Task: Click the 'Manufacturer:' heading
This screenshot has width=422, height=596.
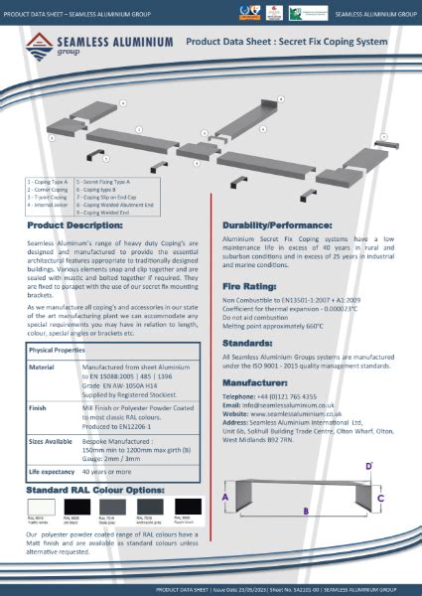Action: coord(262,381)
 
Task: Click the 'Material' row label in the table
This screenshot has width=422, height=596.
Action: coord(43,367)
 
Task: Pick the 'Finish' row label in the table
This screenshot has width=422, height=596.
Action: coord(39,404)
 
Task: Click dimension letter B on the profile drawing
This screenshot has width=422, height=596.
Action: coord(307,511)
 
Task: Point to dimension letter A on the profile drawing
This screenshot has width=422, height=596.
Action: coord(225,496)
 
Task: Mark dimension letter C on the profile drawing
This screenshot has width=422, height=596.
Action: coord(380,497)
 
